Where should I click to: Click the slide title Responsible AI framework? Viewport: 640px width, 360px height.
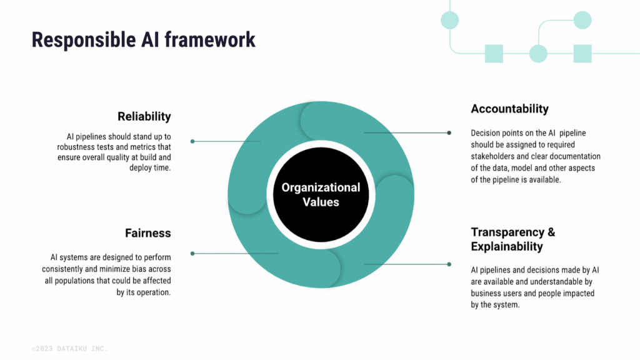pyautogui.click(x=143, y=40)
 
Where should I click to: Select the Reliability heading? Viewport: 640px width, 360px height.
pyautogui.click(x=144, y=116)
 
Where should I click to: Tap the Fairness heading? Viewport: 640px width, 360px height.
pyautogui.click(x=147, y=233)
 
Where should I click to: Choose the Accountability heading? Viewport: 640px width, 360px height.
pyautogui.click(x=509, y=109)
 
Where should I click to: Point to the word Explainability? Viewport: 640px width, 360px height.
pyautogui.click(x=507, y=246)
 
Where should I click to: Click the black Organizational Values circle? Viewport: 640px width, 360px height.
pyautogui.click(x=320, y=194)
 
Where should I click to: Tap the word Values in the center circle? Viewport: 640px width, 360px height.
pyautogui.click(x=320, y=202)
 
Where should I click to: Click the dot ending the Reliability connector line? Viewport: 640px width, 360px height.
pyautogui.click(x=192, y=141)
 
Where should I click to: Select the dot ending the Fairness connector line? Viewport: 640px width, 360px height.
pyautogui.click(x=192, y=253)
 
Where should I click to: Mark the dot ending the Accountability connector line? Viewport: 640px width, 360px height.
pyautogui.click(x=449, y=132)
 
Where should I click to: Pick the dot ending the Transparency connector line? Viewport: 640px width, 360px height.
pyautogui.click(x=449, y=264)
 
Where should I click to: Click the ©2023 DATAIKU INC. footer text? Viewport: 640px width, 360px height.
pyautogui.click(x=69, y=348)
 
